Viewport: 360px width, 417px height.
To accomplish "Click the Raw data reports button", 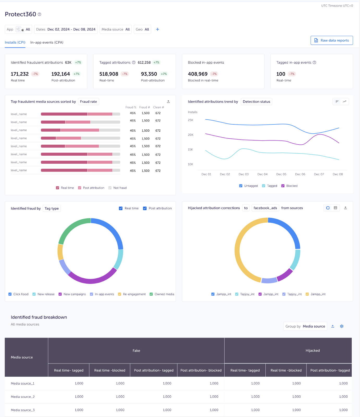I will [x=332, y=40].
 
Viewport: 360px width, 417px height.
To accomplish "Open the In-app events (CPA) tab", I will [x=47, y=42].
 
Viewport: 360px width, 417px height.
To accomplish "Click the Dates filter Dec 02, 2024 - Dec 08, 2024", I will [x=66, y=29].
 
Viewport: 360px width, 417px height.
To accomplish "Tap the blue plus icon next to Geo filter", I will [x=157, y=29].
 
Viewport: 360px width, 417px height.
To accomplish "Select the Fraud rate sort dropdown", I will [x=88, y=102].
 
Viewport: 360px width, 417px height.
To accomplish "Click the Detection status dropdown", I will [x=256, y=102].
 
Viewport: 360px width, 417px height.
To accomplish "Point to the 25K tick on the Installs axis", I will [x=191, y=120].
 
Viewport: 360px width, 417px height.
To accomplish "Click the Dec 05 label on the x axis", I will [x=281, y=174].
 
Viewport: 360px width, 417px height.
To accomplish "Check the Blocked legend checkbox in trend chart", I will [x=283, y=186].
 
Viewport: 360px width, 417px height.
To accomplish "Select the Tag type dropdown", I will [x=52, y=208].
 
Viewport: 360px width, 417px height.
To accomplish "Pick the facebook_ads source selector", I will [x=265, y=208].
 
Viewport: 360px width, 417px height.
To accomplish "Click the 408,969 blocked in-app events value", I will [x=198, y=74].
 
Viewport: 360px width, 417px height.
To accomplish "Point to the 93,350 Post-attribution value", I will [x=149, y=74].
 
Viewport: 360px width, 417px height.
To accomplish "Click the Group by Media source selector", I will [x=305, y=326].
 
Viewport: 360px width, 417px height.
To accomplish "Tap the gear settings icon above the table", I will [x=342, y=326].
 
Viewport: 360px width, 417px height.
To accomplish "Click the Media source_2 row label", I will [x=23, y=397].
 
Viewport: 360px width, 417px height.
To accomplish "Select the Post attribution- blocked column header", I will [x=201, y=370].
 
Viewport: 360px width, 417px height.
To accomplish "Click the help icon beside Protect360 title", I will [x=39, y=14].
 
